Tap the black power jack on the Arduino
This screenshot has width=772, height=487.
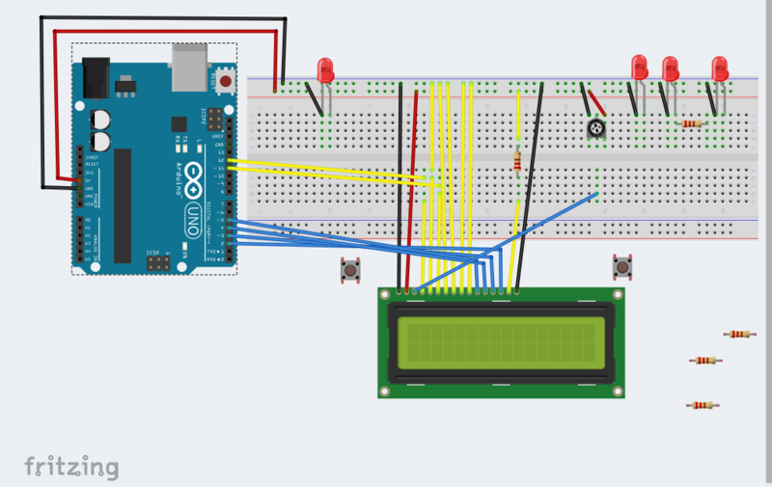coord(96,77)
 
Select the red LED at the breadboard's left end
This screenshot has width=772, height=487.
coord(325,69)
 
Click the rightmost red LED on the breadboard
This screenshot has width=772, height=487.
coord(719,68)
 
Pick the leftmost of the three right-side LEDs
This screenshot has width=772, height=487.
coord(638,67)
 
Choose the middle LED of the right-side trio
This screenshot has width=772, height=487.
coord(670,68)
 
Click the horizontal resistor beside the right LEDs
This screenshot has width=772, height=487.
coord(691,123)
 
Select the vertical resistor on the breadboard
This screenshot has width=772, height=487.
coord(519,161)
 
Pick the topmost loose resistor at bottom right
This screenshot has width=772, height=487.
coord(738,335)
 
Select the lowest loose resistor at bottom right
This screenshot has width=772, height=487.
coord(702,405)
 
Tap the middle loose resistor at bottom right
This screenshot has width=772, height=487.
coord(705,361)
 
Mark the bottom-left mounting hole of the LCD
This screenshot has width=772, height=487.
coord(385,391)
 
